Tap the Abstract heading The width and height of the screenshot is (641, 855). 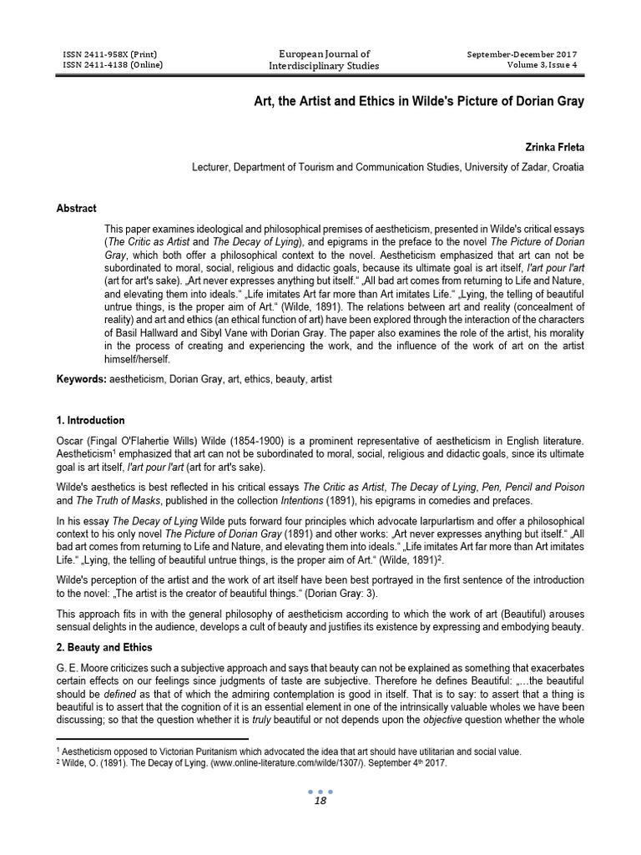[76, 208]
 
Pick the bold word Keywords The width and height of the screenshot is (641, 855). [80, 379]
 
